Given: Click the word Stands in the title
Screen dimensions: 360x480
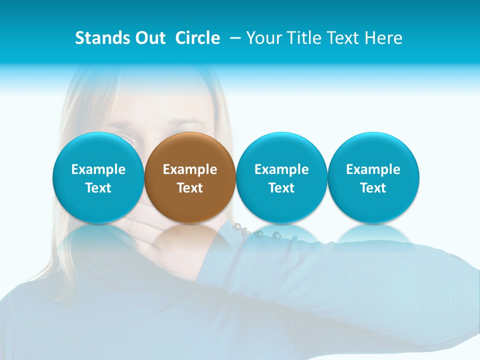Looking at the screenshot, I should [x=100, y=38].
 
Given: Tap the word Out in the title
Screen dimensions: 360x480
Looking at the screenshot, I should [x=149, y=38].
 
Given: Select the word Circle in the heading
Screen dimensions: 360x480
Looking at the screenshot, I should [x=197, y=38].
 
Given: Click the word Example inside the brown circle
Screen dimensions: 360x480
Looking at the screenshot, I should [x=190, y=169].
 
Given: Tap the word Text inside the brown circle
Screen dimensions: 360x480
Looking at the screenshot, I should [x=190, y=188].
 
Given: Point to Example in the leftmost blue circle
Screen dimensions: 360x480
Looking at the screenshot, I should [x=98, y=169].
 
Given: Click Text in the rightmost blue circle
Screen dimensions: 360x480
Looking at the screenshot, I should [x=373, y=188].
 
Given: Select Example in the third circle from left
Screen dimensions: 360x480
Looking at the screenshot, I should [x=281, y=169].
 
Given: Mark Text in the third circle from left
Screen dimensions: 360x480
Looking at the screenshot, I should [x=281, y=188].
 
